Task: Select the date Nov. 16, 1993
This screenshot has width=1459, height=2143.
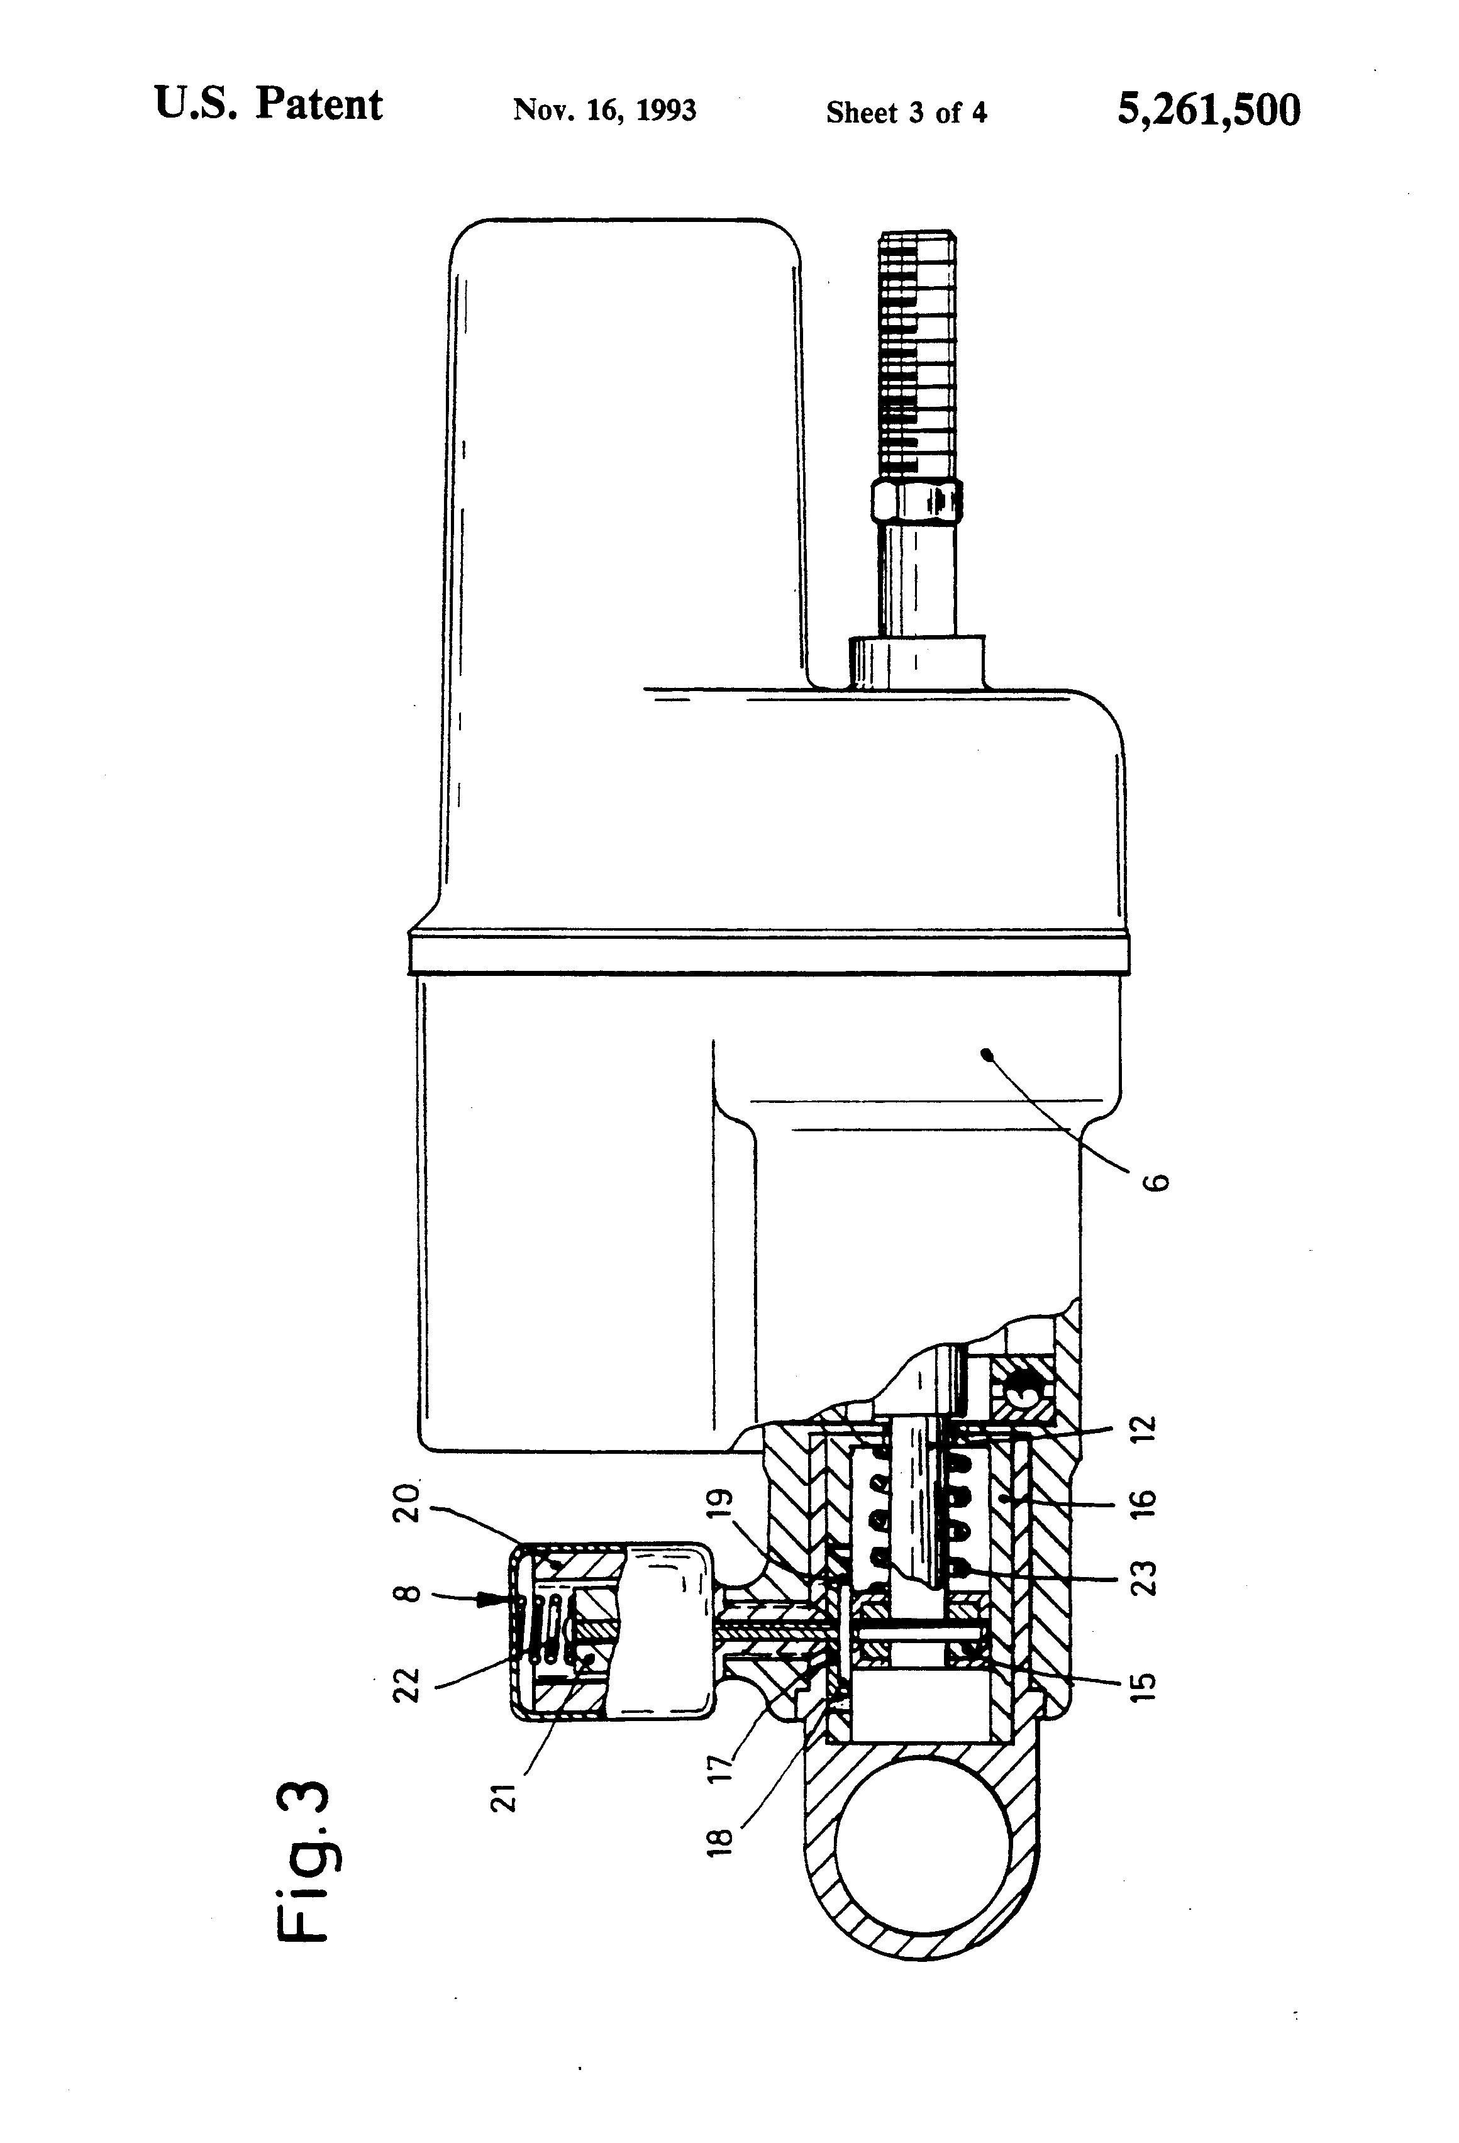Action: (x=604, y=111)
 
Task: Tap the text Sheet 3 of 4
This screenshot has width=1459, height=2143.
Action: (x=907, y=113)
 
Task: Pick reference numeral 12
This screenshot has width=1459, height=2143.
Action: (x=1143, y=1429)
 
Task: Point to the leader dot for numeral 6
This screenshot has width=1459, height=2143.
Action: (x=986, y=1051)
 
